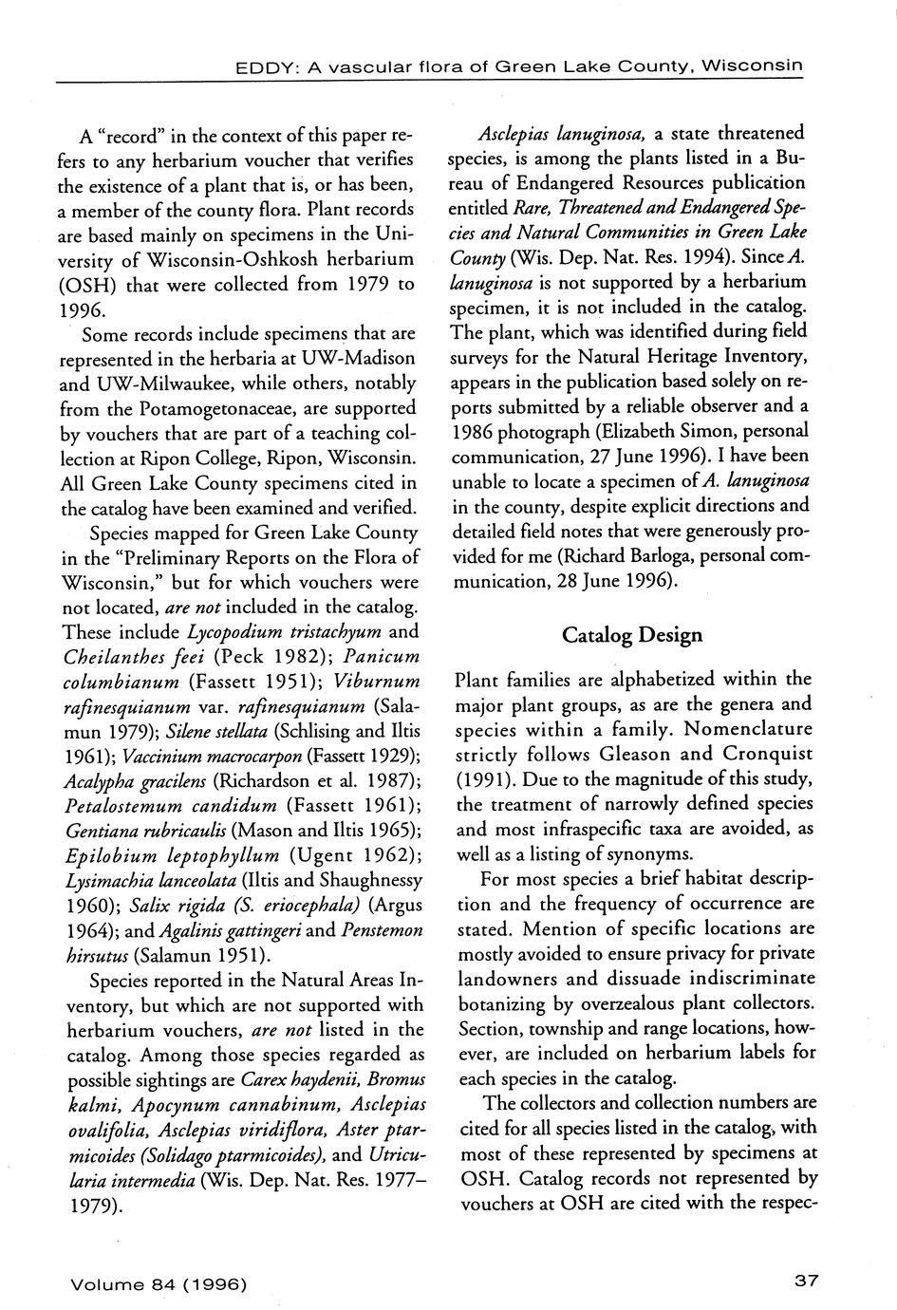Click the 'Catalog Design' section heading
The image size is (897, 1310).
pos(632,634)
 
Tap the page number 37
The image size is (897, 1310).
pos(806,1281)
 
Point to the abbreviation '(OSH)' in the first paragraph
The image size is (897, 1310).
pos(90,284)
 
